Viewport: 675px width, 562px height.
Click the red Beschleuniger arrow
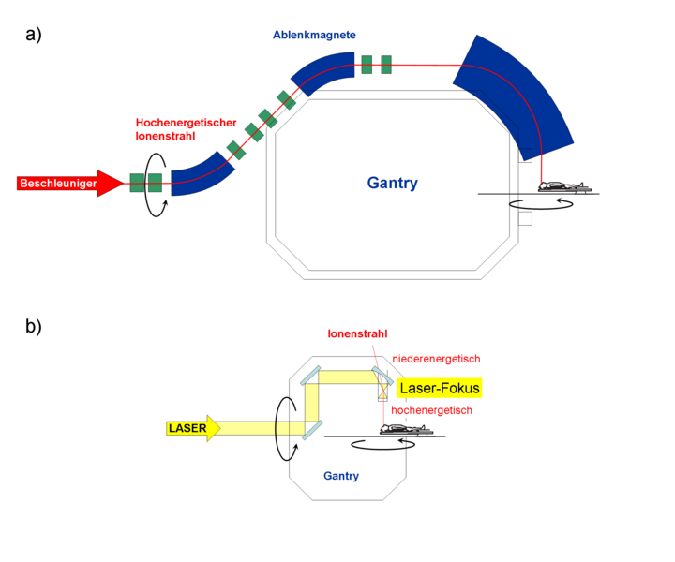click(68, 184)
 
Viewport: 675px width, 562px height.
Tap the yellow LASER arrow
click(193, 428)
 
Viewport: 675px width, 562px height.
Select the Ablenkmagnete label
click(314, 35)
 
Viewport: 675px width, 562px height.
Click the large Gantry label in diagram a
click(392, 183)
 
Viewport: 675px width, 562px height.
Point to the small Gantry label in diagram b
click(341, 476)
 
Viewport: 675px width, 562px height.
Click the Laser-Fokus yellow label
click(440, 388)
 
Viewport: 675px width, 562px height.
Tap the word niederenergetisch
click(436, 359)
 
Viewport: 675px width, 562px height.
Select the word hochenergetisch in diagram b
click(431, 410)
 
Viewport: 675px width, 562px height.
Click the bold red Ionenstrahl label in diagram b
click(357, 333)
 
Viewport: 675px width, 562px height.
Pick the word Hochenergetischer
click(186, 123)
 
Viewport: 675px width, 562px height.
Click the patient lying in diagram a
click(564, 186)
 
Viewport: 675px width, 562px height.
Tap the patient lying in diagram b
click(406, 429)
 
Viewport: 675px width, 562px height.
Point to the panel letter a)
click(34, 35)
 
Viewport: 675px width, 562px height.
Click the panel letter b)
click(34, 326)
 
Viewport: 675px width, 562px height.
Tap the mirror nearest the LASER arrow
click(312, 430)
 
